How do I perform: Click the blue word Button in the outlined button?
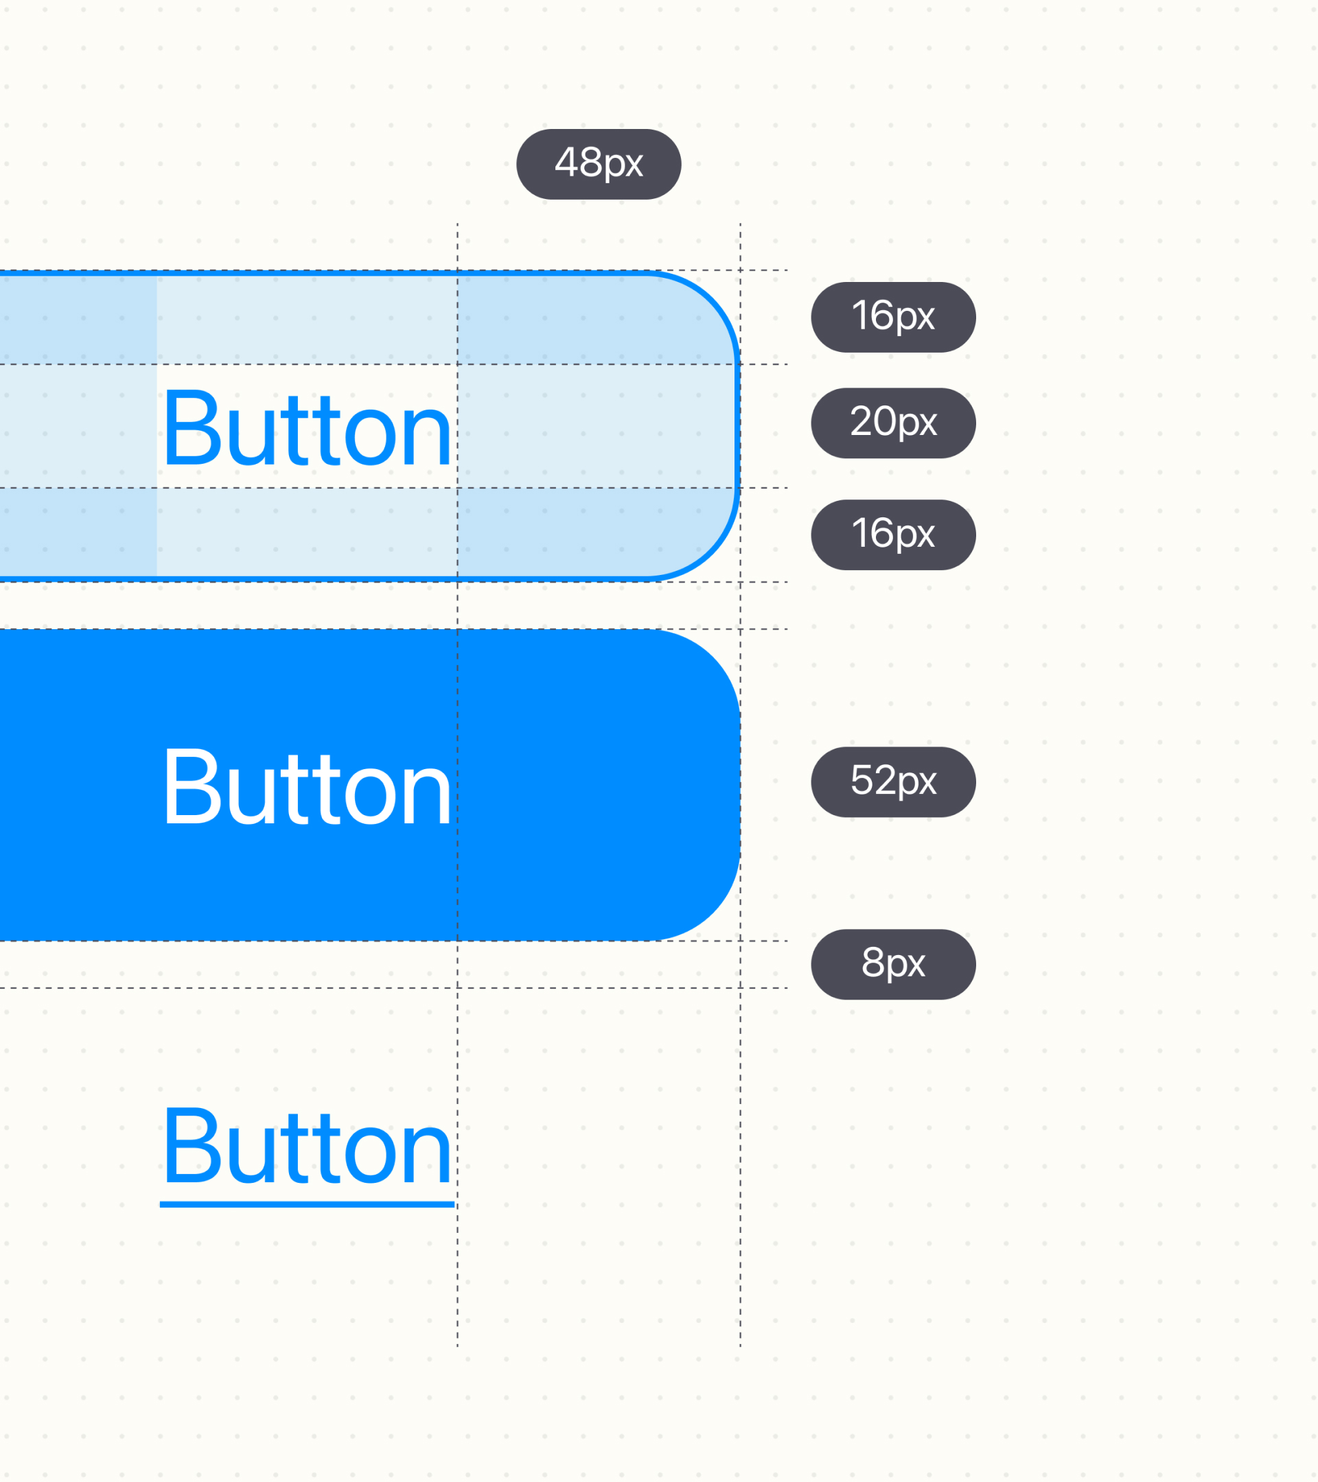[x=308, y=427]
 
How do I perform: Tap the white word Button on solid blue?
[x=308, y=787]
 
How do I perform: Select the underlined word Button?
[x=308, y=1146]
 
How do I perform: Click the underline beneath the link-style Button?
[x=307, y=1204]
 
